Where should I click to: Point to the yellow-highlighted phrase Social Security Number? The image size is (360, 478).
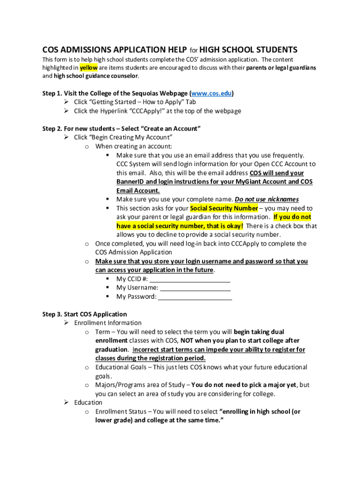pos(224,208)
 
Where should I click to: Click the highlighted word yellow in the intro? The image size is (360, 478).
pos(88,68)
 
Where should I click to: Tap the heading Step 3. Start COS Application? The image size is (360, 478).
pos(85,314)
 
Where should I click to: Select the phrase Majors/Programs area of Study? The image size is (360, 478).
pos(141,385)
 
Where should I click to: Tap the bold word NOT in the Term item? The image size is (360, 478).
pos(188,341)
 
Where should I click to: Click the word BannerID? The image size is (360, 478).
pos(130,182)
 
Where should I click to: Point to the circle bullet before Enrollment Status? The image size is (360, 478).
pos(87,412)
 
